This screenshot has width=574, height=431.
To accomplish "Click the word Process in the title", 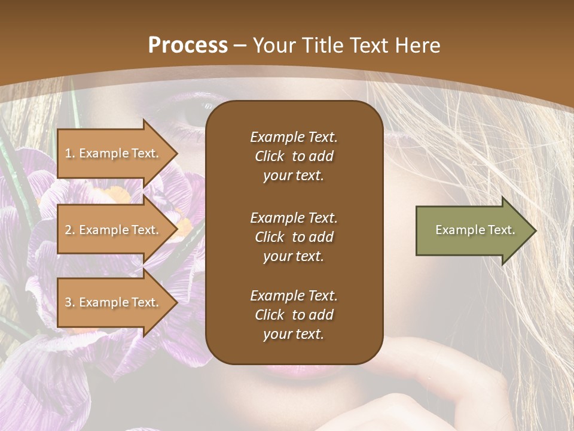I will pyautogui.click(x=188, y=45).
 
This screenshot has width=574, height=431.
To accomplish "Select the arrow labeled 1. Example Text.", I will pyautogui.click(x=114, y=153).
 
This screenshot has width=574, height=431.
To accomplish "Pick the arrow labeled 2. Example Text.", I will pyautogui.click(x=114, y=230).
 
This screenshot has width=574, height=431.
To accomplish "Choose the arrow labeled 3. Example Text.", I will pyautogui.click(x=114, y=302).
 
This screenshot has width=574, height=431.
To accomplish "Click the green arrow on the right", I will pyautogui.click(x=472, y=230).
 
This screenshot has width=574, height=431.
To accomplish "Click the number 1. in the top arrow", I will pyautogui.click(x=70, y=153).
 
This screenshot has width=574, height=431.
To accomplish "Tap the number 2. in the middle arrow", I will pyautogui.click(x=70, y=230).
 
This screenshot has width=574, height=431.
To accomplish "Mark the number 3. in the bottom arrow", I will pyautogui.click(x=70, y=302).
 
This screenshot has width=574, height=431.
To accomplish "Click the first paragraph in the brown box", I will pyautogui.click(x=294, y=156).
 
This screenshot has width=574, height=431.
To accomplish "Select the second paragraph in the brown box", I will pyautogui.click(x=294, y=237).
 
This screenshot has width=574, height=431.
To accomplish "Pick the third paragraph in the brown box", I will pyautogui.click(x=294, y=315).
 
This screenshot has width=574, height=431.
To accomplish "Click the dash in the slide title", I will pyautogui.click(x=240, y=45).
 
